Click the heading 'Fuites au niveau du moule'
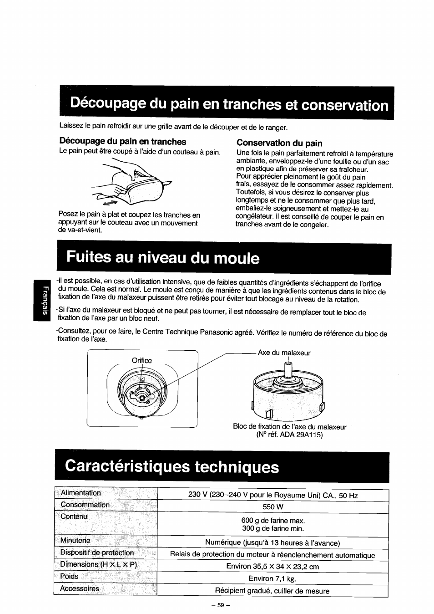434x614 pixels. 163,258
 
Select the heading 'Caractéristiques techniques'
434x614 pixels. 172,466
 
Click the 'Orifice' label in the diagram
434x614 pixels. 141,360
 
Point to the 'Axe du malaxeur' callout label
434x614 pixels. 284,353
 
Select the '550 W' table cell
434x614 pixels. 273,507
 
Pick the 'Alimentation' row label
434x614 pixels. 81,493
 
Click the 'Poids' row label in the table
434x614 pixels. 69,576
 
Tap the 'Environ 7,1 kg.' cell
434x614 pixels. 273,579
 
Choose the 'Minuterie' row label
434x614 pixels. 75,541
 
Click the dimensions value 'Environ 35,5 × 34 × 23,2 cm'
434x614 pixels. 273,567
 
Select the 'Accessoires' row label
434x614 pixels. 80,588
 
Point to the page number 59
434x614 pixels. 221,606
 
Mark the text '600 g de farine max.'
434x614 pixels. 273,521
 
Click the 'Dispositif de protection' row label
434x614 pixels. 97,553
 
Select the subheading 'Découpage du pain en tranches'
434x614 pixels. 122,142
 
